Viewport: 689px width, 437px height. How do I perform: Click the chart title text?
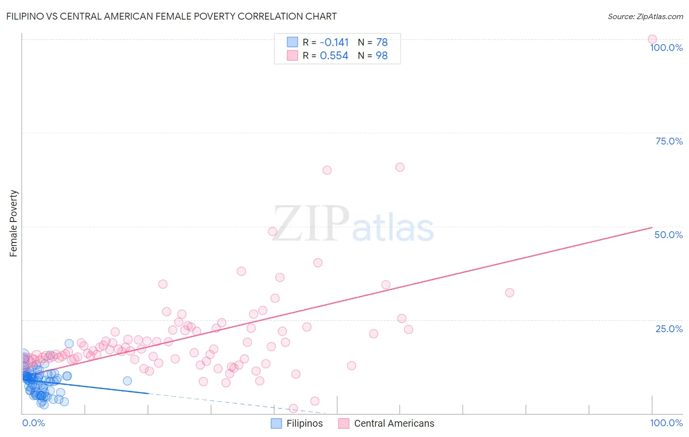click(171, 16)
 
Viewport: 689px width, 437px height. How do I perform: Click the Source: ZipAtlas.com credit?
click(645, 16)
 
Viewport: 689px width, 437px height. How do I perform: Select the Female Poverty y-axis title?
click(13, 223)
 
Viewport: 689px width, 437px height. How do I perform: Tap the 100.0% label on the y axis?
click(666, 48)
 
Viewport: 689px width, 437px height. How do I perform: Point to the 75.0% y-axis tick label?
click(669, 141)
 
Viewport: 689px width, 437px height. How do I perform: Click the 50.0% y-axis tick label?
click(668, 235)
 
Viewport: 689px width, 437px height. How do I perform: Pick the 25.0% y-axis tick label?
click(669, 328)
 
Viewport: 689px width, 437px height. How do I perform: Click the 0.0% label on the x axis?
click(33, 423)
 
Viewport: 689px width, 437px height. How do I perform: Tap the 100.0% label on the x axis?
click(666, 423)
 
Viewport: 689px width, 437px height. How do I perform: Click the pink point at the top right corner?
click(652, 39)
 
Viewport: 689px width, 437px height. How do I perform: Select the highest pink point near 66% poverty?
click(400, 167)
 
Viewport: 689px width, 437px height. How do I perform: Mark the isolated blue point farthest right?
click(127, 381)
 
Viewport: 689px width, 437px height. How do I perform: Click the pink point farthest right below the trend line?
click(510, 292)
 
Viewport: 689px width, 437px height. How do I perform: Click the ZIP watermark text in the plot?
click(311, 224)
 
